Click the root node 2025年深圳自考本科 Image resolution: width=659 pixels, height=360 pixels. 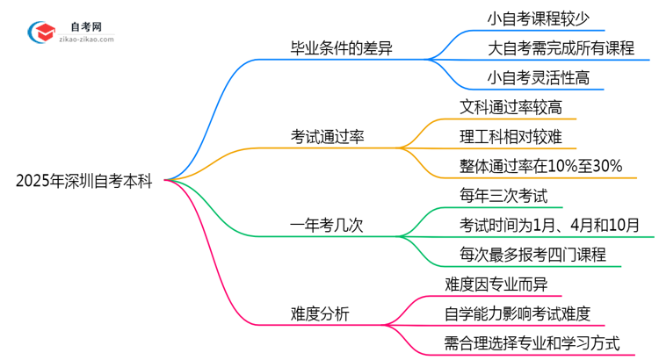point(84,182)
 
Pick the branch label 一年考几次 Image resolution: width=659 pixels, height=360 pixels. point(326,225)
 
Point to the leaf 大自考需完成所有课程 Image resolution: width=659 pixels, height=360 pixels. point(561,48)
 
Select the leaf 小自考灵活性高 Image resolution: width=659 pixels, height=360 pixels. point(539,78)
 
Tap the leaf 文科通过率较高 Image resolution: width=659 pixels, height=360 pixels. point(511,107)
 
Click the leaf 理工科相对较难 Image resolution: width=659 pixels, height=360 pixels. point(511,136)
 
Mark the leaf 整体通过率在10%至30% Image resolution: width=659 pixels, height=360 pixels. point(541,166)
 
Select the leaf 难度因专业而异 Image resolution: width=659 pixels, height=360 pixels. point(496,284)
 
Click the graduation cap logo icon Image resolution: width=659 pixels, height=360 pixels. point(40,32)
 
